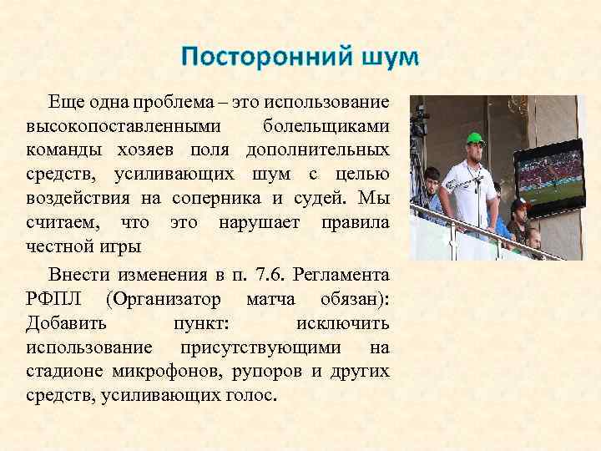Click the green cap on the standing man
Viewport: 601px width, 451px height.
point(475,139)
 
